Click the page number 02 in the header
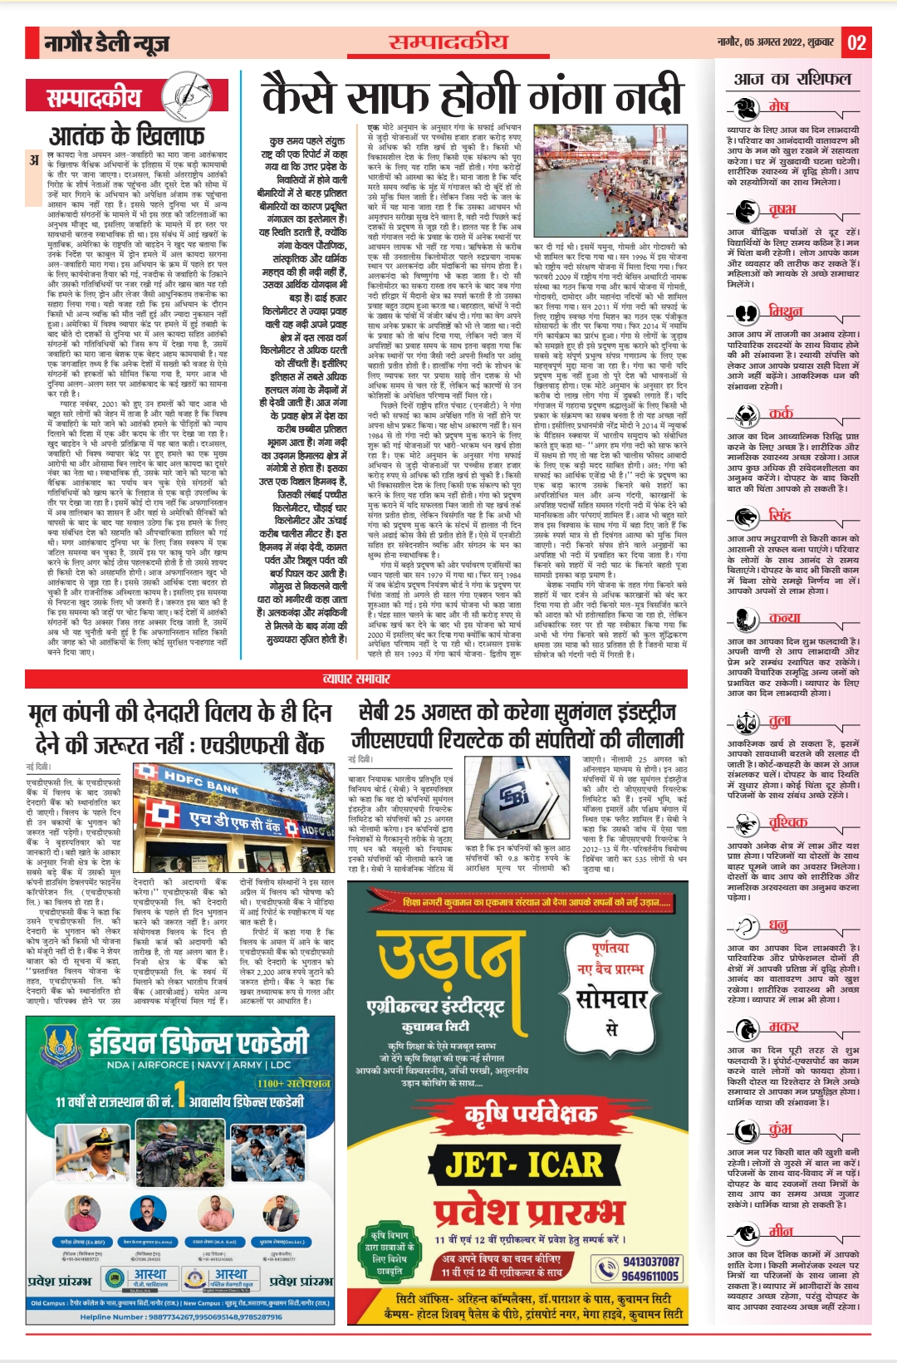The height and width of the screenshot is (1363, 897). point(856,42)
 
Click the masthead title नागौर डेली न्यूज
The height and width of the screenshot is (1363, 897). point(107,42)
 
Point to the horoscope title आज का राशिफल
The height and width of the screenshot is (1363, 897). point(792,79)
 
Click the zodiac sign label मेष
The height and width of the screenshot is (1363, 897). point(778,105)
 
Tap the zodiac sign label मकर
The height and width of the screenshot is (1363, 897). point(783,1026)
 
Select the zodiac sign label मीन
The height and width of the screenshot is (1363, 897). point(781,1230)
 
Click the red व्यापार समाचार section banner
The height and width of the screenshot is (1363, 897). point(356,679)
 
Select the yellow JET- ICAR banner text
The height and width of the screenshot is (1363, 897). point(523,1164)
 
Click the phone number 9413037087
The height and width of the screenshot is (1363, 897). point(650,1261)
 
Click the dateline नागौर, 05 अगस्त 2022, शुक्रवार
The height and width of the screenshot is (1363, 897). point(777,42)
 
